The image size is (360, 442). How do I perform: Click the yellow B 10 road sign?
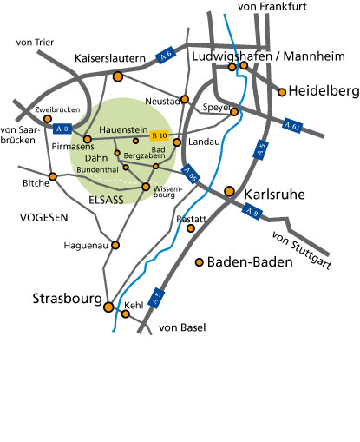click(x=159, y=135)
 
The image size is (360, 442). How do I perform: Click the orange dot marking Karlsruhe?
click(x=229, y=191)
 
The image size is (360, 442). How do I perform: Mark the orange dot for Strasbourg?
click(x=108, y=307)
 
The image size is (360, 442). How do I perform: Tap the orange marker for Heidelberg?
click(x=283, y=90)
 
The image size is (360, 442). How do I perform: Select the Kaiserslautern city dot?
click(x=118, y=76)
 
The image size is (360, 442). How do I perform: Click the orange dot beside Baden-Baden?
click(x=200, y=261)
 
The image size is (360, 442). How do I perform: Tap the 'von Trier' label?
click(x=35, y=42)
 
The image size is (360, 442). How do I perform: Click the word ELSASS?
click(x=107, y=199)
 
